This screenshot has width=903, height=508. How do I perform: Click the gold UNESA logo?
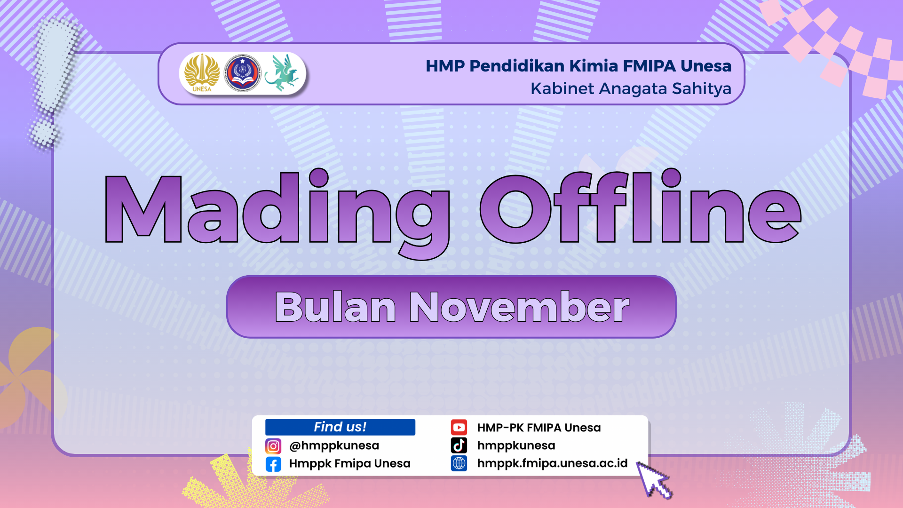[x=202, y=73]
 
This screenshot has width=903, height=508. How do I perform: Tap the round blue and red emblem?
[x=242, y=73]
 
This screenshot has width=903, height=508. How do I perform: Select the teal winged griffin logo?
[x=281, y=72]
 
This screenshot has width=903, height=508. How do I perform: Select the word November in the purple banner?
[x=519, y=307]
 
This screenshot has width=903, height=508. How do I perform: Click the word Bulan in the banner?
[x=335, y=307]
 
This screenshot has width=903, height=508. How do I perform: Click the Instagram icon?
[x=273, y=446]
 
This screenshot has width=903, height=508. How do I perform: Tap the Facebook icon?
[x=273, y=464]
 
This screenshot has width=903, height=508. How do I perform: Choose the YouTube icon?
[x=459, y=428]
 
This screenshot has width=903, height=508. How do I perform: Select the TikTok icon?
[x=459, y=445]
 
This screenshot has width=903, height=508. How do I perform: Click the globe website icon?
[x=459, y=463]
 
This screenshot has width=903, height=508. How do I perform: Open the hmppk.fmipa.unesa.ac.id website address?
[x=552, y=464]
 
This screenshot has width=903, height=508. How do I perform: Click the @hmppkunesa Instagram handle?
[x=334, y=445]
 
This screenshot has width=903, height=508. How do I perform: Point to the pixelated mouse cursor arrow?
[x=654, y=479]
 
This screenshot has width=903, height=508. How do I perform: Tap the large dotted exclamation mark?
[x=54, y=82]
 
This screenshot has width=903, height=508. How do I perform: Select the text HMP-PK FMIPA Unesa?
[x=539, y=428]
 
